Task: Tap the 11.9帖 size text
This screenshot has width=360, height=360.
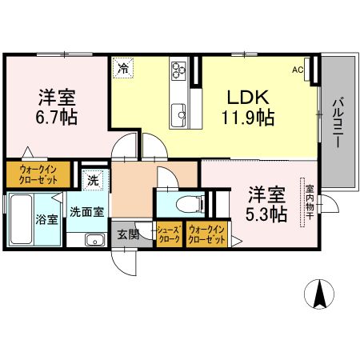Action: pyautogui.click(x=249, y=119)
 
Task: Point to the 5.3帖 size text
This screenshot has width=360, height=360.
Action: pyautogui.click(x=266, y=214)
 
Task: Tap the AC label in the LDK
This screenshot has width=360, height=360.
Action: pyautogui.click(x=298, y=70)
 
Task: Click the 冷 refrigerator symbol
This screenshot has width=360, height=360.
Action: pyautogui.click(x=123, y=69)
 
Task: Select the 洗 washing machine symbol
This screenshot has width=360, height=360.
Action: pyautogui.click(x=94, y=182)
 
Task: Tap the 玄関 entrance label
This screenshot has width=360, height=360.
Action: pyautogui.click(x=128, y=234)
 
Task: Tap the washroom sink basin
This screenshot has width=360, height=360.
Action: pyautogui.click(x=92, y=239)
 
